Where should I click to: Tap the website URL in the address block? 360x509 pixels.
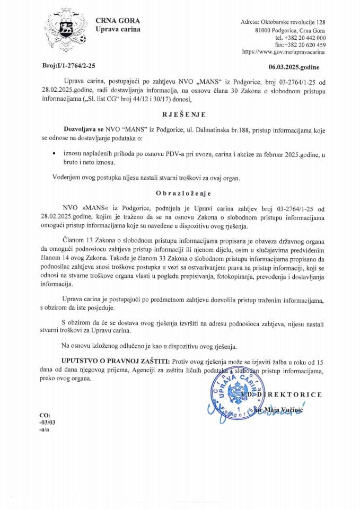284,52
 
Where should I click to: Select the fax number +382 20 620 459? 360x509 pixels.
300,45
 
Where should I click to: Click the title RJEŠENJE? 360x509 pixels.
180,113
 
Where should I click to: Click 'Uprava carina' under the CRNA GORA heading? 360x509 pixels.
118,29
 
